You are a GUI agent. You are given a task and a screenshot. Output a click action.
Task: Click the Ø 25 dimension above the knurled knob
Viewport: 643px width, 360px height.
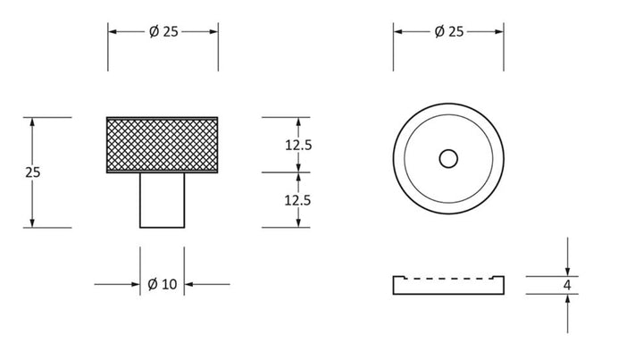[163, 31]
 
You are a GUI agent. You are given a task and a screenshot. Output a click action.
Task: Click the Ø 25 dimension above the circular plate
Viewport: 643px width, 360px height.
[449, 31]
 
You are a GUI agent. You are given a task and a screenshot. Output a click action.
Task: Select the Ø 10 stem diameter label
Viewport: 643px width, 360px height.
[162, 284]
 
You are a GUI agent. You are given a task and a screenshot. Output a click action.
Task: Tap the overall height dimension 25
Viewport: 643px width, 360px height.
[33, 172]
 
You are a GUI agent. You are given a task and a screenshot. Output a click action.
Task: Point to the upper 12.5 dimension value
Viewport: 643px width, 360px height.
[298, 145]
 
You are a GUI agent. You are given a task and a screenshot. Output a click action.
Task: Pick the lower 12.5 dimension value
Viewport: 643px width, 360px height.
[297, 200]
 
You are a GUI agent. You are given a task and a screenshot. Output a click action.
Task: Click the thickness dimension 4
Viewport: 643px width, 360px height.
[567, 285]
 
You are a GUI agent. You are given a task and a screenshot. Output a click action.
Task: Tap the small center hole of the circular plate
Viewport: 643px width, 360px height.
[448, 159]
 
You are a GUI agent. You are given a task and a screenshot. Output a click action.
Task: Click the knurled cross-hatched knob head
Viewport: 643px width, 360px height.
[162, 145]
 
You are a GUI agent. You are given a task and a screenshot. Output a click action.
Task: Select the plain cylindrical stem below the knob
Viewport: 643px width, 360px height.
[162, 200]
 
